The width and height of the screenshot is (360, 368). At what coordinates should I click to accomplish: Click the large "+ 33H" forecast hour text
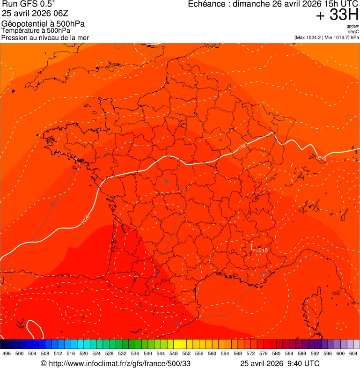point(337,15)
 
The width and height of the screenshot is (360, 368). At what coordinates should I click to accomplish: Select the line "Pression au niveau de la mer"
point(45,37)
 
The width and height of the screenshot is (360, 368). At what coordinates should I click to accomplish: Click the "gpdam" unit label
point(353,26)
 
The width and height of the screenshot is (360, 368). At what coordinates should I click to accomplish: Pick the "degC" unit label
point(353,31)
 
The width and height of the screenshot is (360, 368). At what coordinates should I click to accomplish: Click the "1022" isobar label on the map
point(243,147)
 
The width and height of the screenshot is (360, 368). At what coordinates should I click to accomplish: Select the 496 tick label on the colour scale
point(7,353)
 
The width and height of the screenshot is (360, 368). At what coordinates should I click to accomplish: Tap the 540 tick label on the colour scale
point(148,353)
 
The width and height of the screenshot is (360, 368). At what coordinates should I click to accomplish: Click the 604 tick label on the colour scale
point(353,353)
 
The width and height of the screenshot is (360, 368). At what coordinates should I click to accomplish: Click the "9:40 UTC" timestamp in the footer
point(303,363)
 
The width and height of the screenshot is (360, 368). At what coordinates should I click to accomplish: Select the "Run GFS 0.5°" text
point(28,4)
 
